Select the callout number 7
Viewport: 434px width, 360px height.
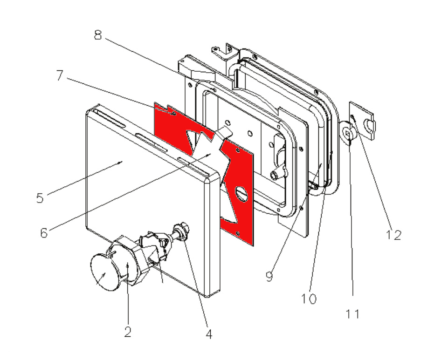(60, 76)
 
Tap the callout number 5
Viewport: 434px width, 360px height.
(41, 197)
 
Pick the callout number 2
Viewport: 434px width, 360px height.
(127, 332)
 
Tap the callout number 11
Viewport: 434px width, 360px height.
(353, 314)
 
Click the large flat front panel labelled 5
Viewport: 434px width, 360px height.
(140, 196)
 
